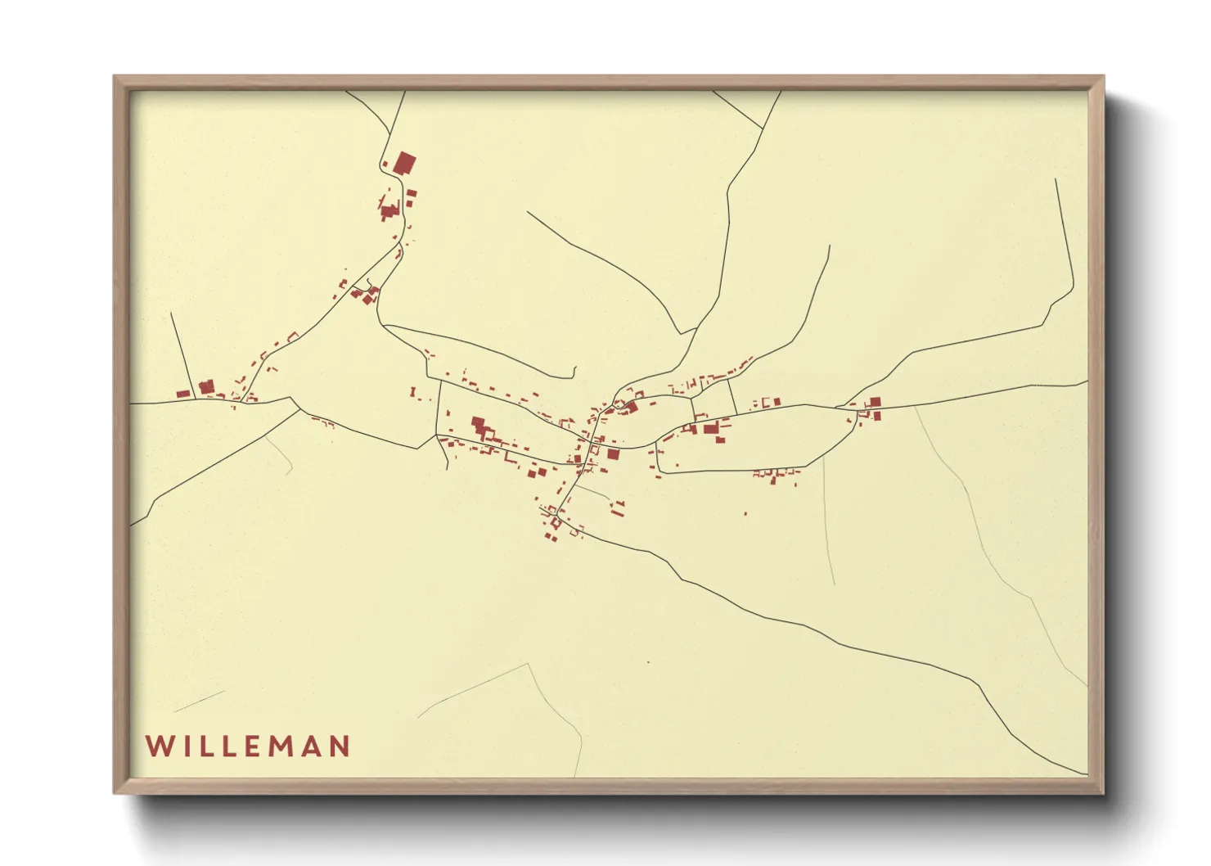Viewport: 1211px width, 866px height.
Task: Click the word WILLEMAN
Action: [248, 746]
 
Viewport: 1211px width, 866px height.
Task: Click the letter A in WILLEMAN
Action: [311, 746]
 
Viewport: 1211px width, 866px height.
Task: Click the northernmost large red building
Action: [404, 163]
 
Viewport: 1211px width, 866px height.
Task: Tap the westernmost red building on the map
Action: [183, 394]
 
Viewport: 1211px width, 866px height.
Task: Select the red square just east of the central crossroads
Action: [613, 453]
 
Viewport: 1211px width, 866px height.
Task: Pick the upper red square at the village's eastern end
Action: [875, 402]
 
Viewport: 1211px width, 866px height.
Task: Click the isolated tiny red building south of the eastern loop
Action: [745, 513]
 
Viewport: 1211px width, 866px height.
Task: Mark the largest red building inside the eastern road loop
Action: [710, 428]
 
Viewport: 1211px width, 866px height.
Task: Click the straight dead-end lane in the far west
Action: [182, 352]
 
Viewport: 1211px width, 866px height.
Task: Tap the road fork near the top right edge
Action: [763, 128]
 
